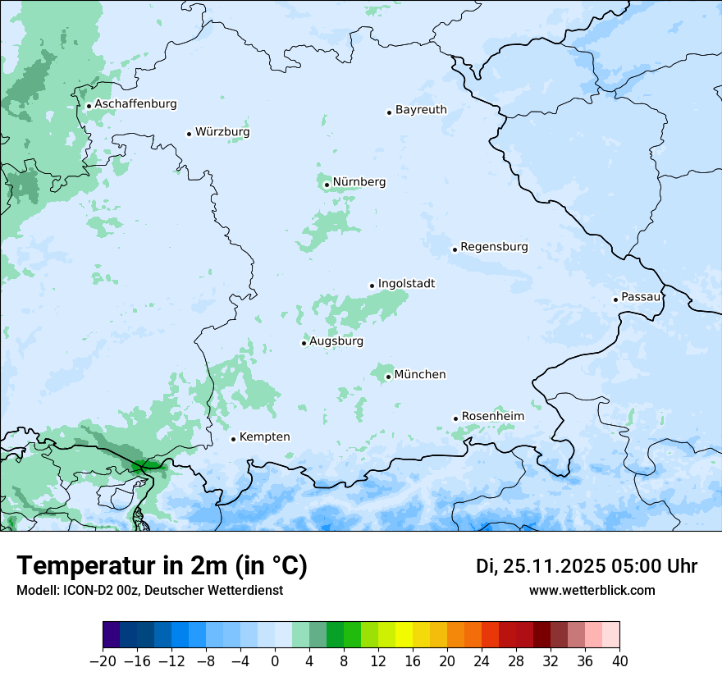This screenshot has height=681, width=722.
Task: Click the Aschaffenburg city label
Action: pyautogui.click(x=135, y=104)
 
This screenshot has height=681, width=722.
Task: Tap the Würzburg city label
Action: pyautogui.click(x=222, y=132)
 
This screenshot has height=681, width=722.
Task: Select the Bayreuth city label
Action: pyautogui.click(x=421, y=110)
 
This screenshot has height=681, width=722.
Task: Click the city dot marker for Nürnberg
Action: pyautogui.click(x=327, y=185)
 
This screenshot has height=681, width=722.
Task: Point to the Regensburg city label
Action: pyautogui.click(x=494, y=247)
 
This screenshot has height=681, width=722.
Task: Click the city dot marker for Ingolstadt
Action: pyautogui.click(x=372, y=286)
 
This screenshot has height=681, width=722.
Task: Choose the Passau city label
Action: pyautogui.click(x=641, y=297)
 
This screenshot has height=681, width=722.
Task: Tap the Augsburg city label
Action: pyautogui.click(x=336, y=341)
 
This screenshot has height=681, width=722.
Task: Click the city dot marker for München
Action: pyautogui.click(x=388, y=377)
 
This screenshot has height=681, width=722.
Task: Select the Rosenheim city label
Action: pyautogui.click(x=492, y=417)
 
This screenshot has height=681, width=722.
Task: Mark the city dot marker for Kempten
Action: pyautogui.click(x=233, y=439)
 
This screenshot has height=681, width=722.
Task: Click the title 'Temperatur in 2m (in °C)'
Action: pyautogui.click(x=162, y=566)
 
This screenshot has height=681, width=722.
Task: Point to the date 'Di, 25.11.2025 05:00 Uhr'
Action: pyautogui.click(x=587, y=566)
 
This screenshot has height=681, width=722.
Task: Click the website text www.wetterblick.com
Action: pyautogui.click(x=592, y=590)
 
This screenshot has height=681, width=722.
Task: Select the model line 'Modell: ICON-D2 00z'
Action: pyautogui.click(x=87, y=590)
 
